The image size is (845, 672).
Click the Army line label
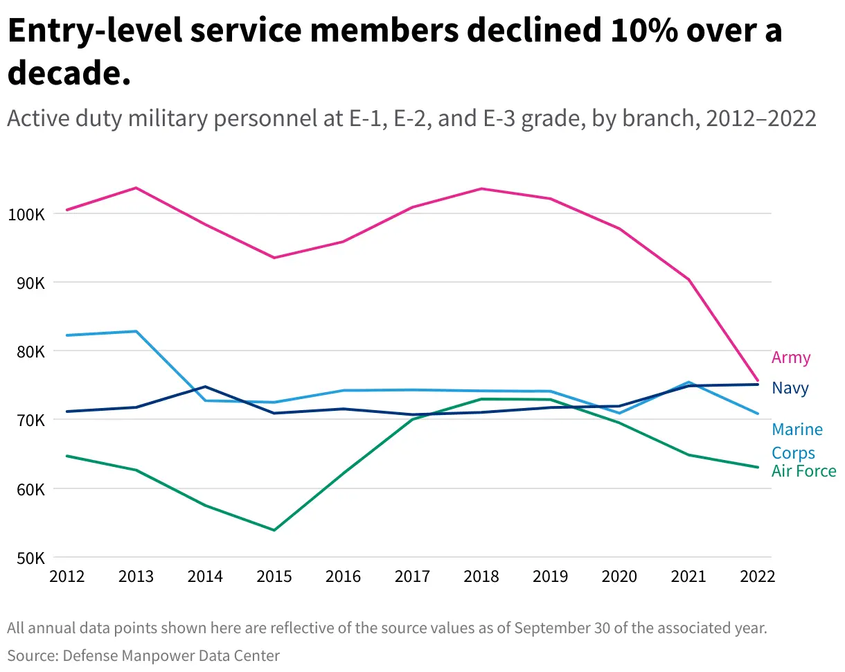790,357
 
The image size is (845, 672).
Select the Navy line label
790,388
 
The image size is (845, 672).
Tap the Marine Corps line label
797,441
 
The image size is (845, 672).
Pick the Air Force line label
803,472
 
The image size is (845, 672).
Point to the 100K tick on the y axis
26,214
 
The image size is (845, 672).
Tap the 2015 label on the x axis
274,577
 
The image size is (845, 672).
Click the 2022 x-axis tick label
756,577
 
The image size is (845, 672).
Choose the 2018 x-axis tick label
481,577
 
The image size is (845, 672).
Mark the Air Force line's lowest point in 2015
274,530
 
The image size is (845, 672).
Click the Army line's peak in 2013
136,188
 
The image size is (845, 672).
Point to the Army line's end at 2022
758,380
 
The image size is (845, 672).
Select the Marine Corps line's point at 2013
136,331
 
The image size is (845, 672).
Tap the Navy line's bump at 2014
205,387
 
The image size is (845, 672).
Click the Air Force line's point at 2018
481,399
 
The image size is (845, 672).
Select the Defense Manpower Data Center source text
172,655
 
